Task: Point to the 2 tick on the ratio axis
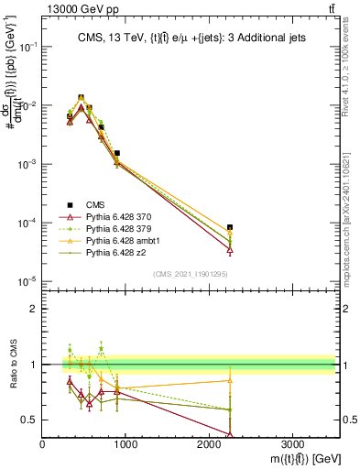coord(35,309)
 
